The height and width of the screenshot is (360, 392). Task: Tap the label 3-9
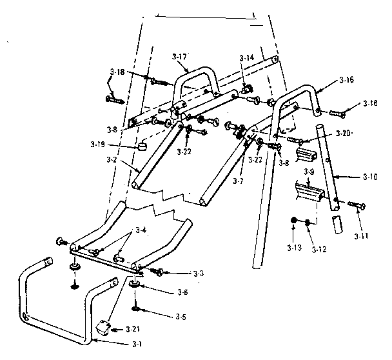pyautogui.click(x=309, y=172)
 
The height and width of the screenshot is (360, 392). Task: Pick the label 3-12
pyautogui.click(x=294, y=246)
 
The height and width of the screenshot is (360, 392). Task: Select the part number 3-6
pyautogui.click(x=182, y=292)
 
